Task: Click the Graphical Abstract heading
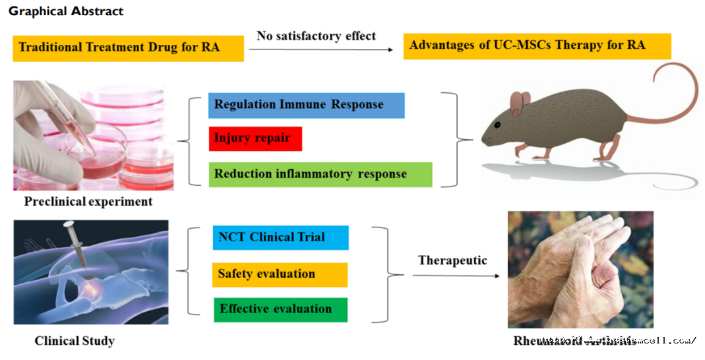pyautogui.click(x=66, y=11)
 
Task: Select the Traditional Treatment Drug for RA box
pyautogui.click(x=128, y=47)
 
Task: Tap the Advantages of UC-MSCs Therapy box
pyautogui.click(x=537, y=45)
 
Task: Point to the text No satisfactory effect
pyautogui.click(x=316, y=35)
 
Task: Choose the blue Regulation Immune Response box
pyautogui.click(x=306, y=105)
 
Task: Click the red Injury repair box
pyautogui.click(x=255, y=139)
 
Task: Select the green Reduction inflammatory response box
pyautogui.click(x=322, y=174)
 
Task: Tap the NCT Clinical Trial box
pyautogui.click(x=280, y=237)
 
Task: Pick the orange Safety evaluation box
pyautogui.click(x=280, y=274)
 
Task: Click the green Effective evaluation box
pyautogui.click(x=280, y=309)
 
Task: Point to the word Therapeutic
pyautogui.click(x=452, y=260)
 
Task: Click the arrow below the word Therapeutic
pyautogui.click(x=456, y=275)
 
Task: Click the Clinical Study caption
pyautogui.click(x=75, y=341)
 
